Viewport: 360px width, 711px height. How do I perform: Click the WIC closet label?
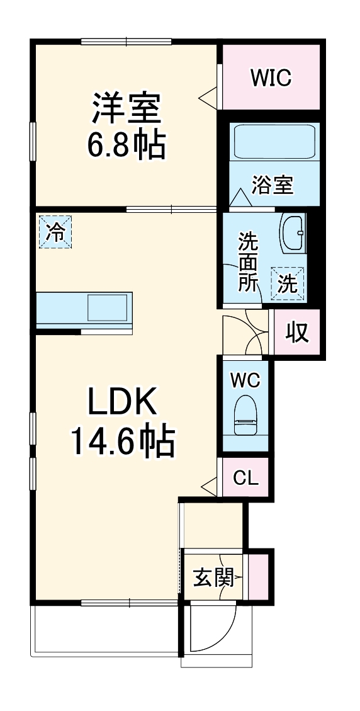tap(271, 78)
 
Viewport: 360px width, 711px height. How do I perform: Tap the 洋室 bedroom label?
tap(127, 110)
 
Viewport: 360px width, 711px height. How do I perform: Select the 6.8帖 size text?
tap(126, 145)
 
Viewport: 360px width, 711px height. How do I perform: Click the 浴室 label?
tap(273, 185)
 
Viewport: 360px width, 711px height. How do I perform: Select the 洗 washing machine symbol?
tap(288, 284)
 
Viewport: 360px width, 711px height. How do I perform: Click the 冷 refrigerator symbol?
tap(55, 232)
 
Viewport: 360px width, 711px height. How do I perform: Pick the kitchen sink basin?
tap(108, 308)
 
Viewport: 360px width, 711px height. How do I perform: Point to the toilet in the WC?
tap(245, 416)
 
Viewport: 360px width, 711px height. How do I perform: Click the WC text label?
tap(245, 380)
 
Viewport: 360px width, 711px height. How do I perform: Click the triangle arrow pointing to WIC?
tap(209, 95)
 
